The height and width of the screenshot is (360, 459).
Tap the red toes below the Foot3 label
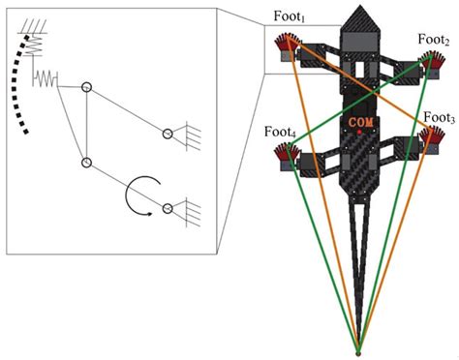coord(429,135)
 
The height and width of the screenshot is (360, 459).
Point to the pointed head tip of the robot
coord(361,8)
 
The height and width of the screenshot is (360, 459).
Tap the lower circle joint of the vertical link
coord(87,163)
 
